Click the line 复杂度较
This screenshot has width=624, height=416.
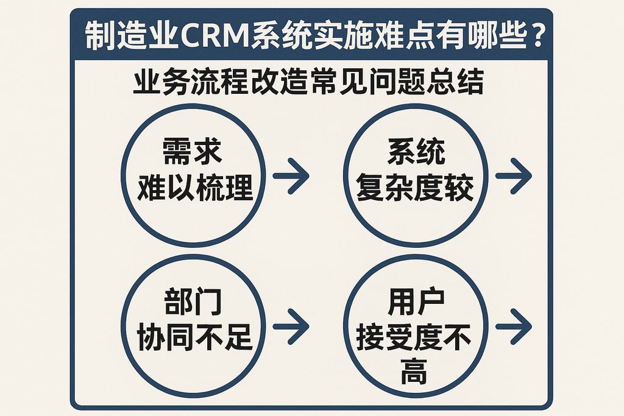coord(416,187)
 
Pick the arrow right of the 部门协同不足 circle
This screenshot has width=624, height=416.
coord(291,326)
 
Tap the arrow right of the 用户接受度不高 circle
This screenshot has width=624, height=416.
coord(513,326)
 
